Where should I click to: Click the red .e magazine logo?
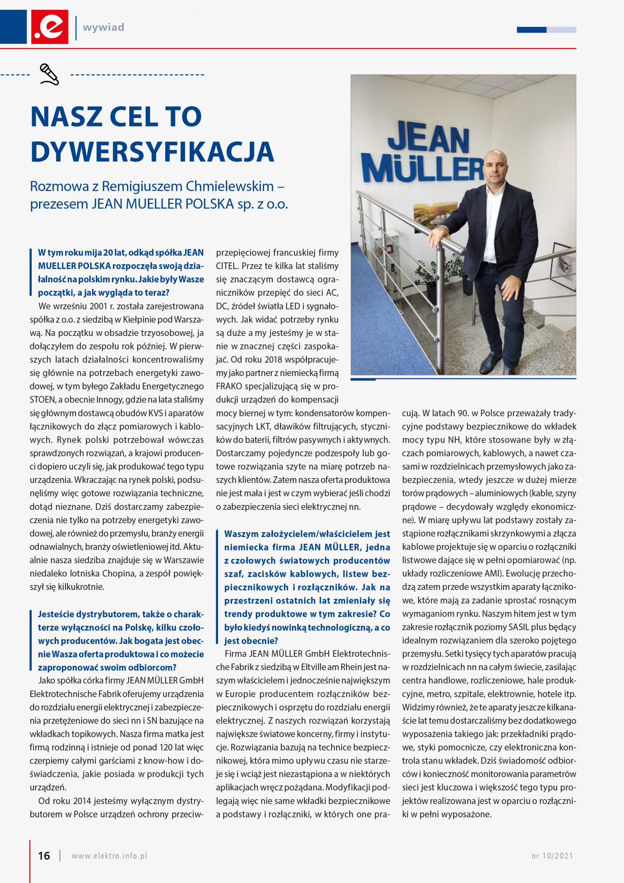pos(50,27)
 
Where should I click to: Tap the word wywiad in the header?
pos(103,27)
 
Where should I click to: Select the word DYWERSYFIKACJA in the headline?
pos(152,151)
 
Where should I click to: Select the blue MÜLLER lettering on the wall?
pos(423,170)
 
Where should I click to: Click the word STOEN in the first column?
pos(42,399)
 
